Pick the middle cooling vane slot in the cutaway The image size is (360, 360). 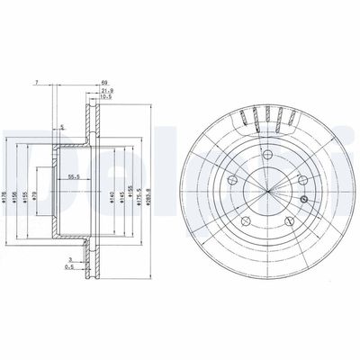pos(262,115)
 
